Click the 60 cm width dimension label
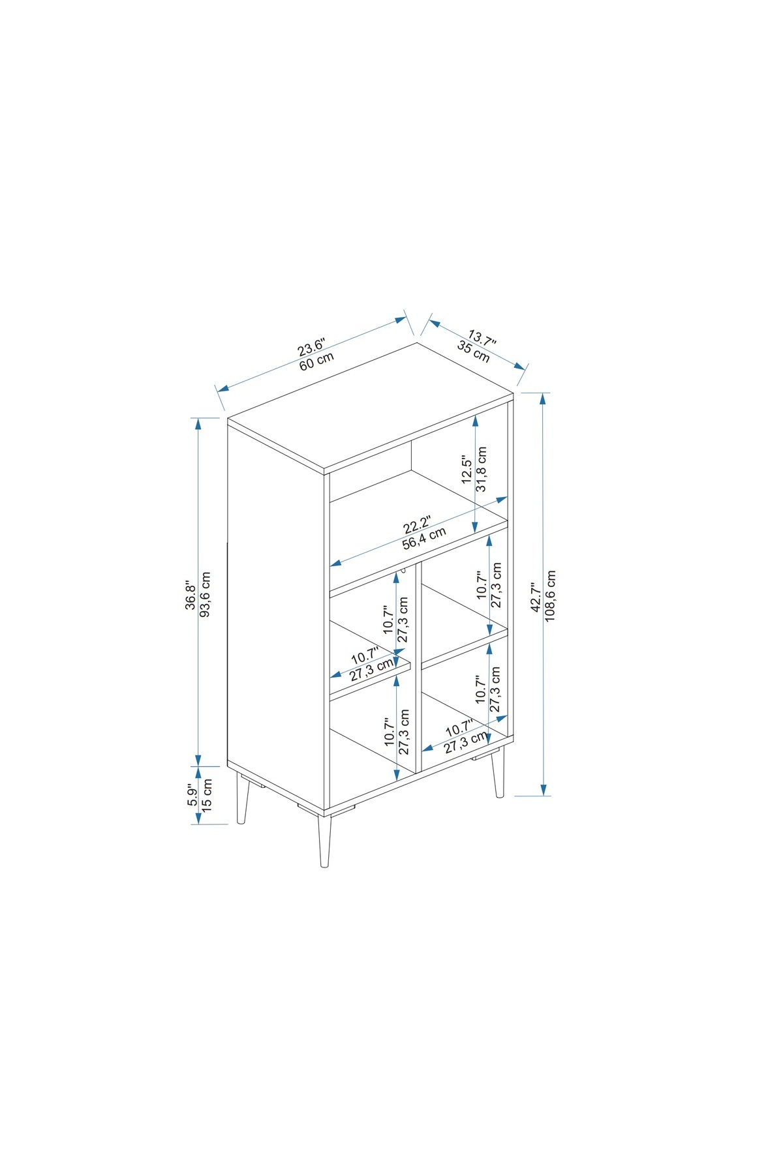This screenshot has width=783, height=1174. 316,361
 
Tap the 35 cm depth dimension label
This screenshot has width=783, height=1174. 474,352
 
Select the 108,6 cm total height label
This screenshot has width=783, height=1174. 550,596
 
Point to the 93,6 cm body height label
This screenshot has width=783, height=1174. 205,595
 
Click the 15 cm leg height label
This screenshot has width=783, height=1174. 207,794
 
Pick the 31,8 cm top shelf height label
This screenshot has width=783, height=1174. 482,469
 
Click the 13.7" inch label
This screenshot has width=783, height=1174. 482,339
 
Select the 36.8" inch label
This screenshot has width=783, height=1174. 190,595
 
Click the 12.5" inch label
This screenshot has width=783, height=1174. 467,469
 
